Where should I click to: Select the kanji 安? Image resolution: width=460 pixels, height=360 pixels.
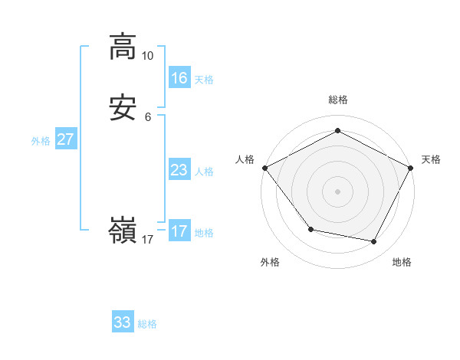[123, 109]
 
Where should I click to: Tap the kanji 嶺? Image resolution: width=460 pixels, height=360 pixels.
[123, 231]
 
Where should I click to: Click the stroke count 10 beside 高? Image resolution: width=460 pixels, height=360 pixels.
[148, 56]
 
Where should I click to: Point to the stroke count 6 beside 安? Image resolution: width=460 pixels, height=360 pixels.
[148, 117]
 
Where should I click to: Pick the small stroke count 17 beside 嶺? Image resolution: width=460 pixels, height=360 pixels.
[148, 240]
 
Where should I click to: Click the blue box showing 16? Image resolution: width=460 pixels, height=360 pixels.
[179, 77]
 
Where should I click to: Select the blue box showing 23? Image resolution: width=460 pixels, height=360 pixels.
[179, 169]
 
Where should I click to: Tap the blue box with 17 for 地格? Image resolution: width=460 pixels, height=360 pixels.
[179, 231]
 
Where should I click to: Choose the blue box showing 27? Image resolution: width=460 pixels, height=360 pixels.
[65, 139]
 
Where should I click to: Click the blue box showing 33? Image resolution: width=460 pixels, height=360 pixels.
[123, 322]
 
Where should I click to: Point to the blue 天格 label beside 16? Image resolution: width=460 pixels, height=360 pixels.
[204, 80]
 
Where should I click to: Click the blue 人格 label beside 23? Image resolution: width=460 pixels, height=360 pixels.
[204, 172]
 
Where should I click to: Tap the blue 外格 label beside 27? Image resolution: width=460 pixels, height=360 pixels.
[41, 141]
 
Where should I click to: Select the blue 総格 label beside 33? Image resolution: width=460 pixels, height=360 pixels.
[147, 324]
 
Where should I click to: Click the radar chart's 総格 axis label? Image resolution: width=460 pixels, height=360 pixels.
[338, 100]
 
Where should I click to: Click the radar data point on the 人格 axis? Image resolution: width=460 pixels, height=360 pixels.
[264, 167]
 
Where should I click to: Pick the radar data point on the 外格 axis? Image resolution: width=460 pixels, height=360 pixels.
[310, 229]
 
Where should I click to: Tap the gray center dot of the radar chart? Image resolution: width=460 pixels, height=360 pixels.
[337, 191]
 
